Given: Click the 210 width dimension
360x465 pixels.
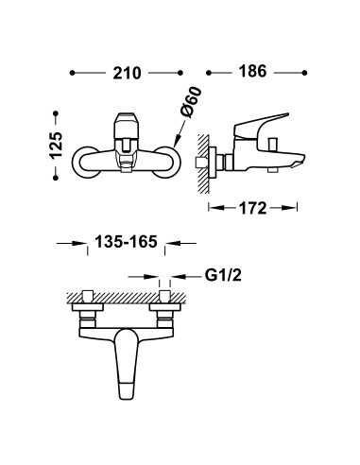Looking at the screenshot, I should pyautogui.click(x=127, y=72).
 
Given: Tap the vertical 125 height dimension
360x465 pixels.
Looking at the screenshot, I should pyautogui.click(x=57, y=146).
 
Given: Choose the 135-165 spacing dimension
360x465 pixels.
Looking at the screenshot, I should pyautogui.click(x=112, y=244).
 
